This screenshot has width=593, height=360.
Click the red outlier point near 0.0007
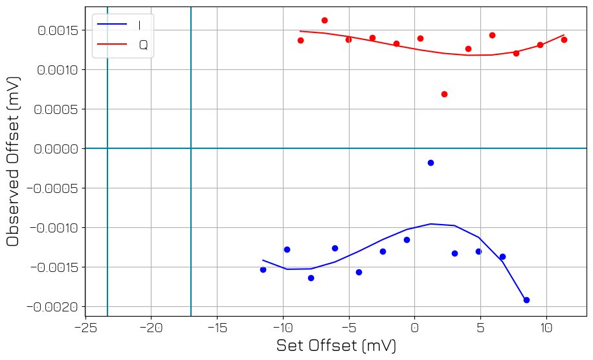444,94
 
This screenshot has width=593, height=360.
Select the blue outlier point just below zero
431,163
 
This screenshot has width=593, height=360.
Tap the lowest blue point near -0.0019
526,300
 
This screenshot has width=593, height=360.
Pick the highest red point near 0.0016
324,20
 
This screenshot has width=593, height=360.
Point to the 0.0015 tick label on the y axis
58,30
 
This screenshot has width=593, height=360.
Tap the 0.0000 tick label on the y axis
58,149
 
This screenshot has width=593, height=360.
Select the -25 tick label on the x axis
85,327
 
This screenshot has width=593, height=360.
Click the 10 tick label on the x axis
546,327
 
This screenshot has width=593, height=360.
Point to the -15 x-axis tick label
217,327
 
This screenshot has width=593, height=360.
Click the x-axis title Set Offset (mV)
336,346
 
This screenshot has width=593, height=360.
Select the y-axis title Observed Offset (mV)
13,161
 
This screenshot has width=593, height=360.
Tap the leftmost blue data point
263,269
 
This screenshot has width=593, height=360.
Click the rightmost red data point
564,39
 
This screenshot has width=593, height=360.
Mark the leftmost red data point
300,40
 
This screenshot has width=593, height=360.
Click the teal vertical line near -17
191,194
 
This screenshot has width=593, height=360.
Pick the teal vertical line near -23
107,194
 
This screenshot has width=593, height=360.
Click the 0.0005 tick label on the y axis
58,109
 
